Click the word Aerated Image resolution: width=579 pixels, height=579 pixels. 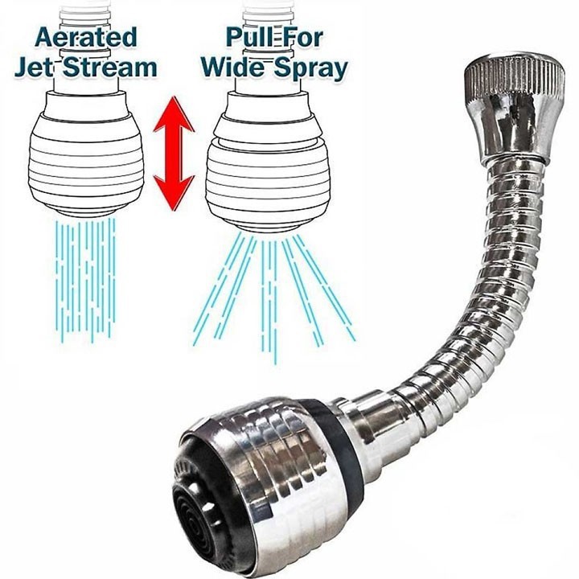(86, 37)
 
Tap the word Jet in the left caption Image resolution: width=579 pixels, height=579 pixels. (34, 68)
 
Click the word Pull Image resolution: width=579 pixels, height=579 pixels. (248, 36)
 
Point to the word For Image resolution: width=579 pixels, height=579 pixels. (300, 37)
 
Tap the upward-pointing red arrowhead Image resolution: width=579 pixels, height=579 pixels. (174, 114)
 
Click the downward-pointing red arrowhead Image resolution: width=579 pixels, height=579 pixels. (174, 192)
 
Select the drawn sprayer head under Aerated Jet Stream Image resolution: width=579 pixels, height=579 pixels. (86, 155)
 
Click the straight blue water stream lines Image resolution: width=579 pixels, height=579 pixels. (86, 281)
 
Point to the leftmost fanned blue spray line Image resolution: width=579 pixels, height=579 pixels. (218, 289)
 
